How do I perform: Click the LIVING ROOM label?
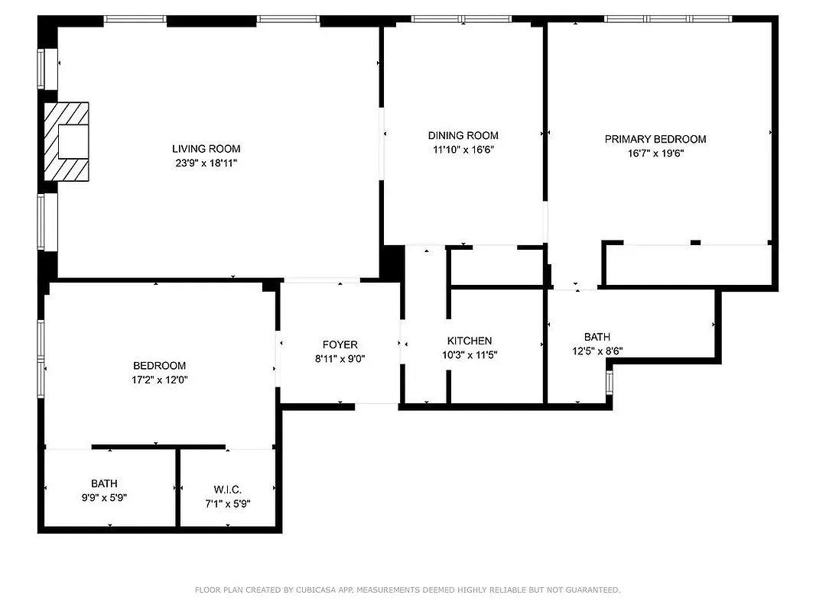206,149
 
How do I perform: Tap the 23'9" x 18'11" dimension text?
206,163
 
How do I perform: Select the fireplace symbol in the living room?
67,141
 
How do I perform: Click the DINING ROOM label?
463,135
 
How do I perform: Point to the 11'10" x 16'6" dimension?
463,150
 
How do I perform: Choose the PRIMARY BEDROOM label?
655,139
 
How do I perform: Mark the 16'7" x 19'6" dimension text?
655,153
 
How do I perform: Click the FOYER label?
340,344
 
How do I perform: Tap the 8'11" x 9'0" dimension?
340,358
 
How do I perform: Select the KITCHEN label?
470,341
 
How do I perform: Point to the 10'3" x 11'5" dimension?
470,354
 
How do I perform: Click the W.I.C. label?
227,490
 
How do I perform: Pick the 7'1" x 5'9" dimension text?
227,503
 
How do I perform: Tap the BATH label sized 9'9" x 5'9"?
104,483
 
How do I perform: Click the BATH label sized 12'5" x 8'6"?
597,337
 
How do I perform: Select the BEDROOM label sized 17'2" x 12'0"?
159,366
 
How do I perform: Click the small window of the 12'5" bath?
610,381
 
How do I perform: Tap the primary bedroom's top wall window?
668,18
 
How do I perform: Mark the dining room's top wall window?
462,18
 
